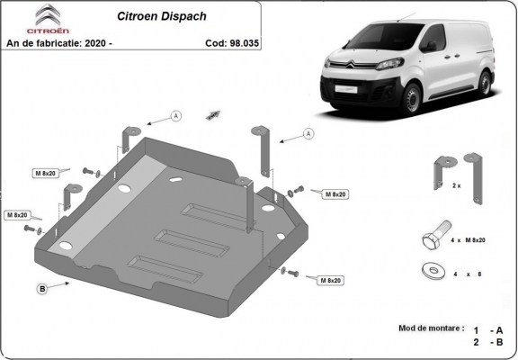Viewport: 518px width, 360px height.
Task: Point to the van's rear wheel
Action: tap(485, 82)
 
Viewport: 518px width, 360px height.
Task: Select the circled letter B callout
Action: tap(42, 288)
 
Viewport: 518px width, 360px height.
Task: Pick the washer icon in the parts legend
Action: tap(431, 270)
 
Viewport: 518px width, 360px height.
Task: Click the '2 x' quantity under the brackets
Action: tap(456, 185)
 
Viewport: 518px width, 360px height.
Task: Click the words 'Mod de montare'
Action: tap(428, 329)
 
